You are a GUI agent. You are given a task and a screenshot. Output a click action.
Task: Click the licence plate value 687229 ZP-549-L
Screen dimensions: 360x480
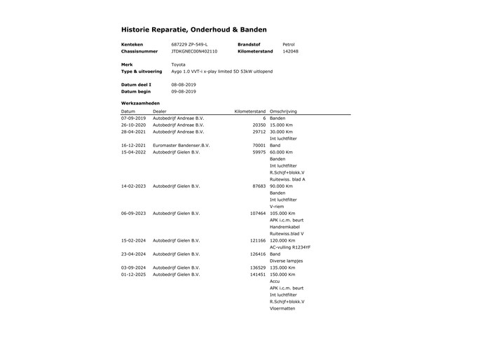tap(189, 44)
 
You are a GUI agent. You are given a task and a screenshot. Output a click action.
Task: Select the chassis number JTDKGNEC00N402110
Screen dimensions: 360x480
tap(194, 51)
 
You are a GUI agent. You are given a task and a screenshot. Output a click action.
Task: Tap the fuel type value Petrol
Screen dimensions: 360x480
tap(288, 44)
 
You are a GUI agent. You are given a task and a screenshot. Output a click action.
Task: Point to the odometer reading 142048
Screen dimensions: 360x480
tap(290, 51)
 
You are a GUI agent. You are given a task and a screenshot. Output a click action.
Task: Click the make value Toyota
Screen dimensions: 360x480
tap(179, 64)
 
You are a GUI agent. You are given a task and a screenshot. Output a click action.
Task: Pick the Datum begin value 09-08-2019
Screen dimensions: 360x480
tap(184, 91)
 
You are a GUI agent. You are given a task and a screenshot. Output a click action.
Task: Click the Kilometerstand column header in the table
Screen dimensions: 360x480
tap(249, 111)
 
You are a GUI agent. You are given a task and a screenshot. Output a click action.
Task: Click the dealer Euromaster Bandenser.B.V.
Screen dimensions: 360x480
tap(181, 145)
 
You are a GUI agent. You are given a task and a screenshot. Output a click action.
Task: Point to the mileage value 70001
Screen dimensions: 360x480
tap(259, 145)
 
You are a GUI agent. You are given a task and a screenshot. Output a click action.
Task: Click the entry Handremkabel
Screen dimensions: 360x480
tap(286, 226)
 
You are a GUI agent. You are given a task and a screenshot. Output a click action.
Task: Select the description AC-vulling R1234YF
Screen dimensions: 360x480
tap(290, 247)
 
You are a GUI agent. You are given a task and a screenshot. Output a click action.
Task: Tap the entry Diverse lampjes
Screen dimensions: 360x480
tap(287, 261)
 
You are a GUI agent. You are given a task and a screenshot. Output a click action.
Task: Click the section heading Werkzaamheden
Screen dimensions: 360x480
tap(140, 103)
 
